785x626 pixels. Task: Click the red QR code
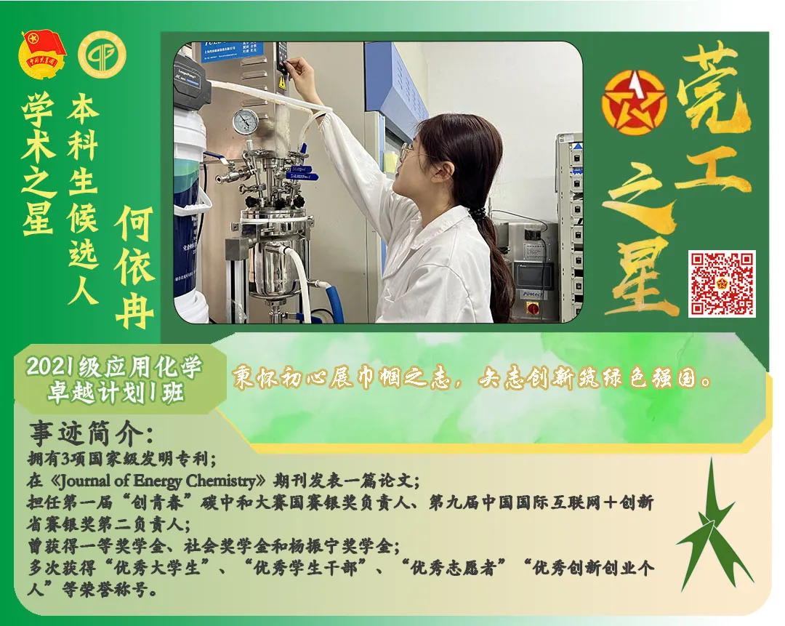click(721, 284)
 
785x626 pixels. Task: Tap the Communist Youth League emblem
click(42, 55)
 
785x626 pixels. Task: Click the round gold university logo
click(102, 55)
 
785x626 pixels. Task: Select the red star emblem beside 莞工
click(634, 104)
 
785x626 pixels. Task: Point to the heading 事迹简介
click(91, 433)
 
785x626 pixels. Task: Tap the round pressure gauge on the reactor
click(246, 121)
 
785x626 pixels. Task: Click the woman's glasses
click(407, 153)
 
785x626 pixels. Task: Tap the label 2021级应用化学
click(114, 367)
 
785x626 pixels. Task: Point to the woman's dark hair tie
click(478, 213)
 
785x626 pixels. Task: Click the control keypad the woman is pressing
click(282, 58)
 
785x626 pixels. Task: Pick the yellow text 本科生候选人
click(83, 200)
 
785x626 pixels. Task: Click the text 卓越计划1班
click(114, 393)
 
